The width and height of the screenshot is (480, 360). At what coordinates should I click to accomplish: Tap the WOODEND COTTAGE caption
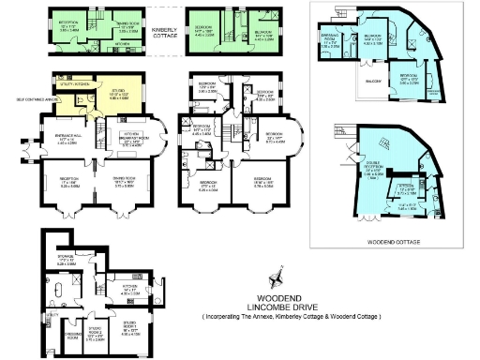(394, 241)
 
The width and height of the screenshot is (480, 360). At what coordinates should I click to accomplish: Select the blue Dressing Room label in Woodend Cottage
(329, 42)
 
